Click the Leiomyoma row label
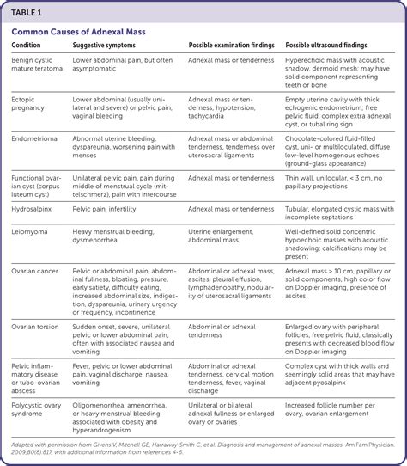(33, 232)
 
